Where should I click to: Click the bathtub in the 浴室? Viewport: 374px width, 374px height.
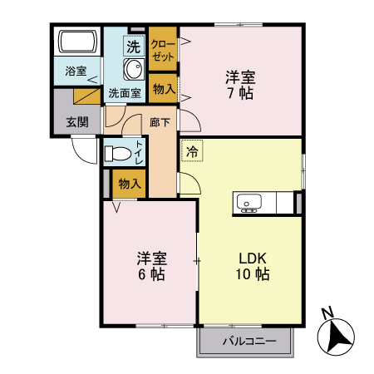76,42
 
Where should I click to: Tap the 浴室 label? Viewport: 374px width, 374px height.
76,71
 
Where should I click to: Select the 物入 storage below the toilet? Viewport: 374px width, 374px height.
128,183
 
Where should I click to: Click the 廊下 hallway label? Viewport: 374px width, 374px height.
160,121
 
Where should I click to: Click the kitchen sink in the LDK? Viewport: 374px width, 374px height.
249,202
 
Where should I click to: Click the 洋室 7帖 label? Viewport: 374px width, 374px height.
240,85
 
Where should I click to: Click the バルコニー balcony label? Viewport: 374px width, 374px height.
245,341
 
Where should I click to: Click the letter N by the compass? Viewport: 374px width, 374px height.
327,313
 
